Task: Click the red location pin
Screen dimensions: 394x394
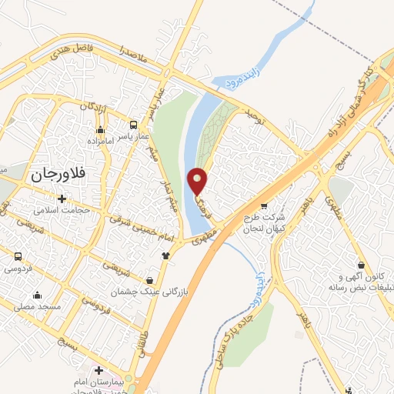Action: pos(198,181)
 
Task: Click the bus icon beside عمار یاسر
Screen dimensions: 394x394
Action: pos(134,124)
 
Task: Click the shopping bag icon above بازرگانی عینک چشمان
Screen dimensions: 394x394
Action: pos(160,280)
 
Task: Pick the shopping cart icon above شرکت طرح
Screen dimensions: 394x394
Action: pos(265,206)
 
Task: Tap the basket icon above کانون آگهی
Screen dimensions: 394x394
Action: pos(359,264)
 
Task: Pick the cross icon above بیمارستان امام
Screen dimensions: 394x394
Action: pos(98,370)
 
